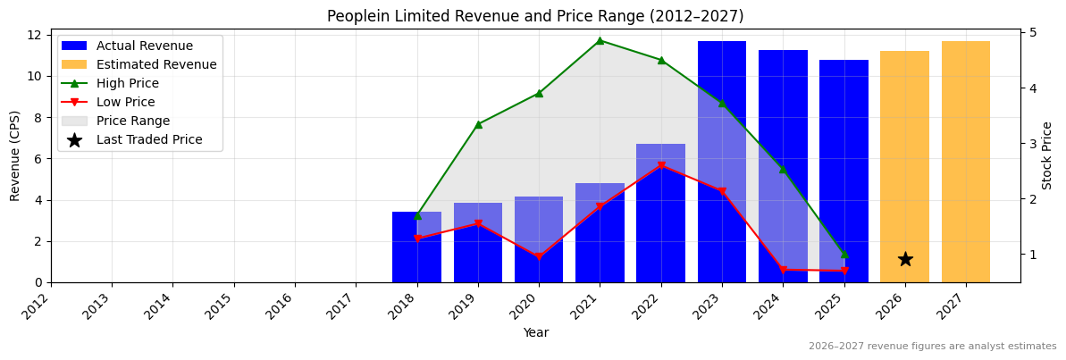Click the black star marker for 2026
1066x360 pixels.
(x=905, y=259)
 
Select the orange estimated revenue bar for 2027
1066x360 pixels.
(x=966, y=162)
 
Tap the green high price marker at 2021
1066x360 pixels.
(x=600, y=40)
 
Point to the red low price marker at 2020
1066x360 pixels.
(x=539, y=257)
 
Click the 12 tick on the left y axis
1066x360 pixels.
(x=36, y=35)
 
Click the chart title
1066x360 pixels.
(x=534, y=16)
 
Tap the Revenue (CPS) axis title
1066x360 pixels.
(x=15, y=155)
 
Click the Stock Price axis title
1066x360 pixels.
(x=1047, y=155)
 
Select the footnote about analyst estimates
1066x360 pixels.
(x=932, y=347)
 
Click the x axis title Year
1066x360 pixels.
(x=535, y=332)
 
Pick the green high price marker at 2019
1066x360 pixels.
(x=478, y=124)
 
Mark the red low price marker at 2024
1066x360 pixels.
(x=783, y=270)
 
